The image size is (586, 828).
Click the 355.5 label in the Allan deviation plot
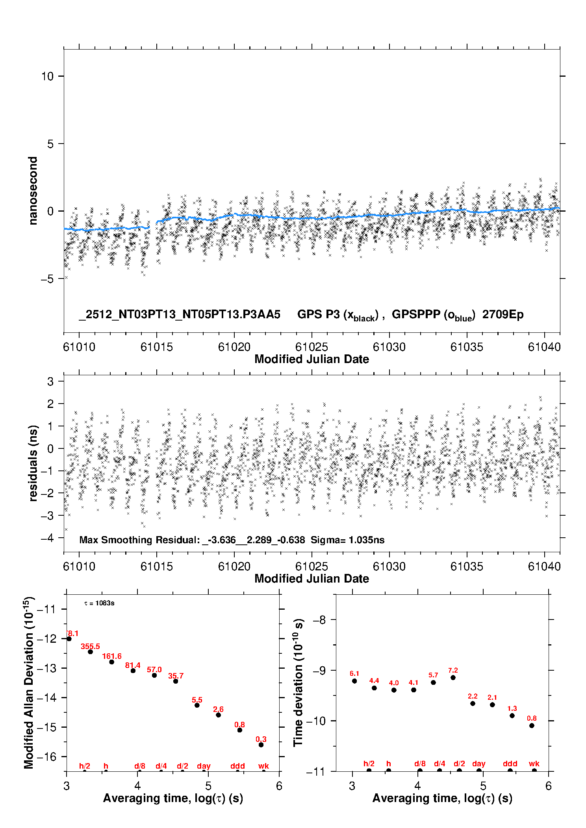tap(90, 646)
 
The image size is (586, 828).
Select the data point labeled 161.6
tap(111, 662)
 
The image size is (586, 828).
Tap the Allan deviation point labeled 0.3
tap(261, 745)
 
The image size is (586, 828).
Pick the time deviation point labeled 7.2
tap(453, 677)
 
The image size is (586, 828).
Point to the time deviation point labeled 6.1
tap(354, 681)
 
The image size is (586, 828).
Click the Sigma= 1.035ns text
tap(347, 540)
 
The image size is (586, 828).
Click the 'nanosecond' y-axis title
tap(33, 191)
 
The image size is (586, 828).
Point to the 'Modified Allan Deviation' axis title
tap(28, 682)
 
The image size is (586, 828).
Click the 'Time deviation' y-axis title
tap(298, 682)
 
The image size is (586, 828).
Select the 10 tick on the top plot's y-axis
tap(47, 76)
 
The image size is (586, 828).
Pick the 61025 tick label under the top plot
tap(312, 347)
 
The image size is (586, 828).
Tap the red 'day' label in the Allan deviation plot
tap(204, 766)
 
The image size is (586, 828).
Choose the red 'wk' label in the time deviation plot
tap(534, 763)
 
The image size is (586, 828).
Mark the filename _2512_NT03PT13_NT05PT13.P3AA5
tap(180, 315)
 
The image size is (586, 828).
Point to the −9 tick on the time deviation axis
tap(319, 670)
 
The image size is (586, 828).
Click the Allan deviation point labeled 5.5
tap(197, 705)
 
